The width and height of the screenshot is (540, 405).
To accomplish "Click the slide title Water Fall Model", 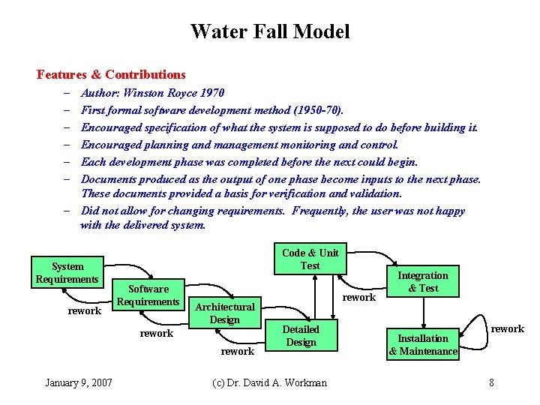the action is tap(270, 31).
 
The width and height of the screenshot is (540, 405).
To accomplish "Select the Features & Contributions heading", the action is tap(111, 74).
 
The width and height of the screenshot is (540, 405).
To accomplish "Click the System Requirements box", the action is tap(67, 273).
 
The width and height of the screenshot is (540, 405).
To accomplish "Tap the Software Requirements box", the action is tap(148, 295).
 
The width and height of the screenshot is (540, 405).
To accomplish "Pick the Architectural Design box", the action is tap(225, 313).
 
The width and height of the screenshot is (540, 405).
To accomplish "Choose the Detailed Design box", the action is tap(301, 336).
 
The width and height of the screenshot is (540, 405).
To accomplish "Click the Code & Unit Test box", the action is tap(310, 259).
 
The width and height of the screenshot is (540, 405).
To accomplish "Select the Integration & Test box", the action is tap(423, 281).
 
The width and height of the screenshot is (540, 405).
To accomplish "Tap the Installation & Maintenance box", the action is tap(423, 345).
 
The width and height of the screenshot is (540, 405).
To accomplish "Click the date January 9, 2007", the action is tap(79, 382).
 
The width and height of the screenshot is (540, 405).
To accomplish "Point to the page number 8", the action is tap(491, 382).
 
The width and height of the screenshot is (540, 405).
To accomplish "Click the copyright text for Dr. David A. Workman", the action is tap(270, 382).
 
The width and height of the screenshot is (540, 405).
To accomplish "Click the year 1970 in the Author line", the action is tap(211, 93).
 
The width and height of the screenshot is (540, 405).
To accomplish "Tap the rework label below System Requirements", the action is tap(84, 310).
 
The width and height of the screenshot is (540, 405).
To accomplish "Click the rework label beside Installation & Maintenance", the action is tap(508, 328).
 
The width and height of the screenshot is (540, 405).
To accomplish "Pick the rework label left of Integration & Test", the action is tap(359, 298).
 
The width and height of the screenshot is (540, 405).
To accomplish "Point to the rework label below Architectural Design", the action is tap(238, 350).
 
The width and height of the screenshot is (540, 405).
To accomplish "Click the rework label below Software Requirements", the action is tap(157, 333).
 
